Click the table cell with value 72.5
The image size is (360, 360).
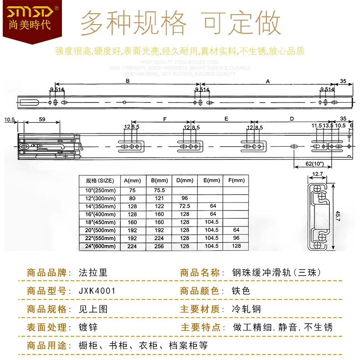[x=184, y=206]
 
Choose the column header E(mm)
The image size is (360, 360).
[x=211, y=180]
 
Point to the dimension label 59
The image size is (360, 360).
[x=42, y=120]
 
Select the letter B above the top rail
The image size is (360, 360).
[x=128, y=81]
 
